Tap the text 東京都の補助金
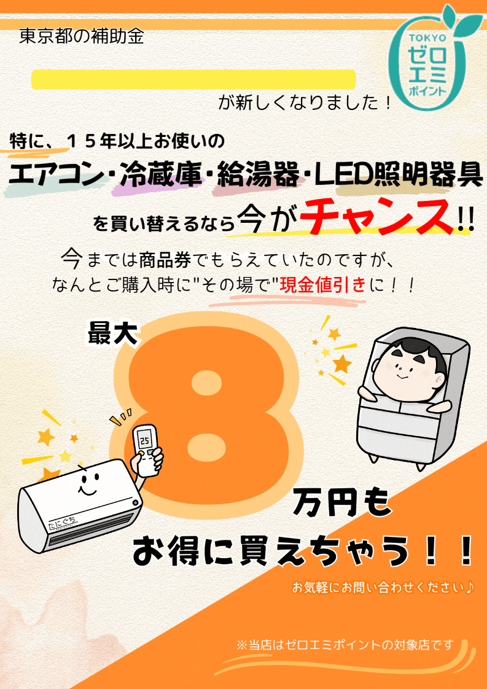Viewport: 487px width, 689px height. point(82,37)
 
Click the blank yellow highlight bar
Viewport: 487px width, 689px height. point(193,79)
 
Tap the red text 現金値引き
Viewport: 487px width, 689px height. point(323,286)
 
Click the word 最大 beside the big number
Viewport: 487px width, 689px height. point(114,333)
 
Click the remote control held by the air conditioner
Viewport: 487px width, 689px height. point(146,449)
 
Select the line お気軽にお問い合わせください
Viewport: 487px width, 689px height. point(383,588)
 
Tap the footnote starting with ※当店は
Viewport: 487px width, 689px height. point(345,645)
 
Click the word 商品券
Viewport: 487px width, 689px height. point(165,260)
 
